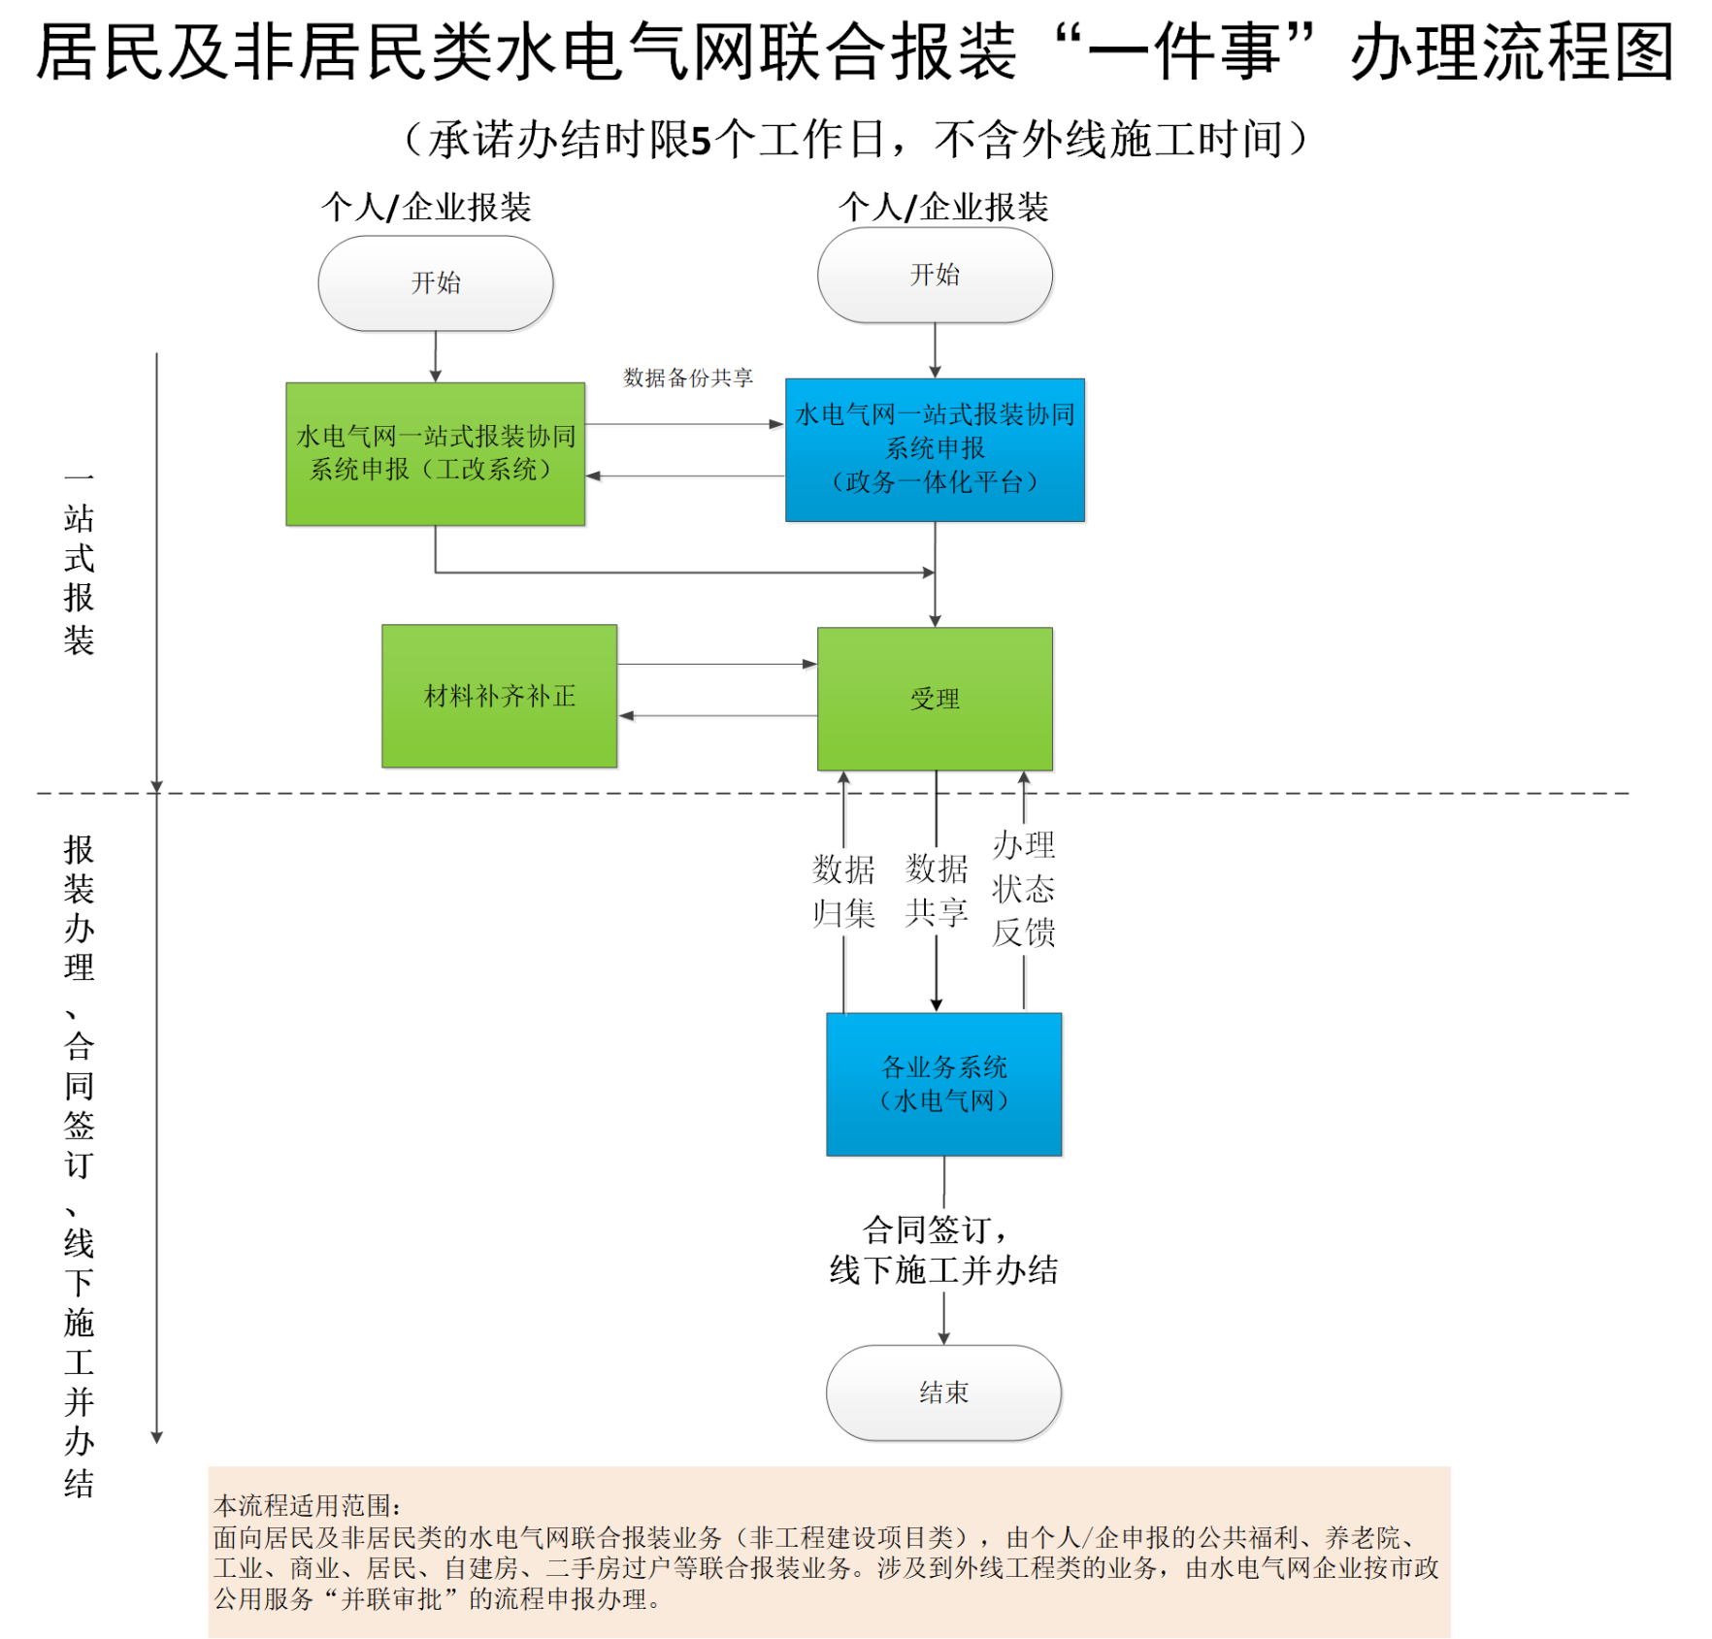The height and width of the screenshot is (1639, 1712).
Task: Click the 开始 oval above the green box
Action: click(x=436, y=283)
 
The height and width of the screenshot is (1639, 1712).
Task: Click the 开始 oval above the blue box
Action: click(x=935, y=276)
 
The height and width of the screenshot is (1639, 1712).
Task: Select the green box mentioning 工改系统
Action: click(x=435, y=454)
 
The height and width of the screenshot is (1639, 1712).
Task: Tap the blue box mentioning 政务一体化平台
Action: click(x=935, y=450)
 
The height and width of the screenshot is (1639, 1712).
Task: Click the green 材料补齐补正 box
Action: click(x=499, y=697)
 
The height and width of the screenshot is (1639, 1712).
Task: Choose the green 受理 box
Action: click(x=935, y=699)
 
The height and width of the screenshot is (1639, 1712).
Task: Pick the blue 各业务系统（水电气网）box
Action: click(x=943, y=1085)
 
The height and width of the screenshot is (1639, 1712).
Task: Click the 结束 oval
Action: click(x=943, y=1393)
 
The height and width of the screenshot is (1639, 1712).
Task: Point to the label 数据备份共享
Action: click(x=687, y=377)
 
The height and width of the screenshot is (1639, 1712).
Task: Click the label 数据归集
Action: click(x=843, y=891)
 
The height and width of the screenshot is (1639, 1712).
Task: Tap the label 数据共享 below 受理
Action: click(x=937, y=891)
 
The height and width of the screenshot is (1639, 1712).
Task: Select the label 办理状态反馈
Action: click(x=1023, y=889)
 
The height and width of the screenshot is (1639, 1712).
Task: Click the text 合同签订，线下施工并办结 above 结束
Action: click(x=943, y=1250)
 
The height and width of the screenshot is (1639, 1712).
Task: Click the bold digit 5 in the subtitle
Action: click(x=701, y=141)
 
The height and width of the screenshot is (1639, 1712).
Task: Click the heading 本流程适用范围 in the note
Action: click(x=307, y=1505)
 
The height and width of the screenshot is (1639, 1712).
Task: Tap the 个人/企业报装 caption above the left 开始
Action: click(x=426, y=207)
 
